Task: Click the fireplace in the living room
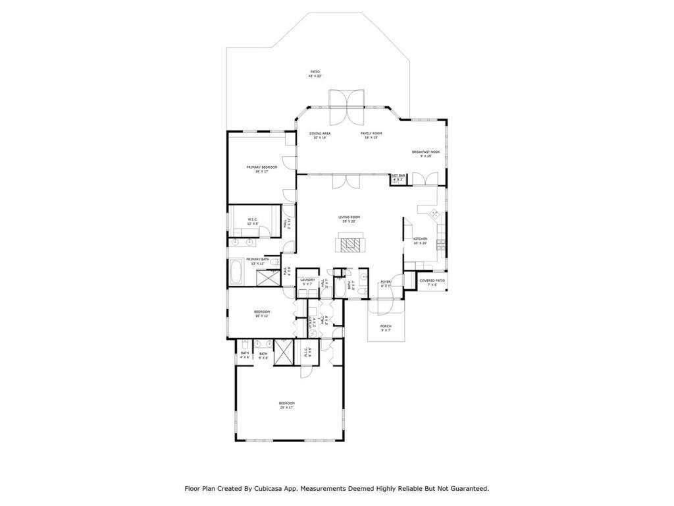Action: point(350,245)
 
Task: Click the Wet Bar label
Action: point(398,177)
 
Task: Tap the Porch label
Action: point(386,326)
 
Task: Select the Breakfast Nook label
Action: point(426,152)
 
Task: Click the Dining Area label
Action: point(320,133)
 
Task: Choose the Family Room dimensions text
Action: point(371,138)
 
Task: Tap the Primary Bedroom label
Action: point(261,167)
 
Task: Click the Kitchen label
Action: point(420,239)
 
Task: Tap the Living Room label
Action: point(349,217)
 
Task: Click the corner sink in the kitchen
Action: point(434,213)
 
